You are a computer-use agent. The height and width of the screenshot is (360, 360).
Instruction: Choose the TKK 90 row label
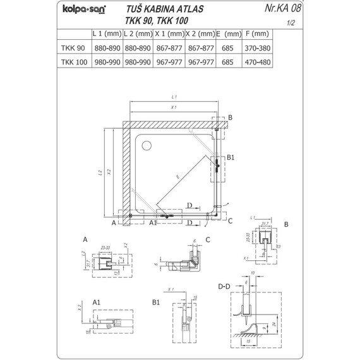pos(75,48)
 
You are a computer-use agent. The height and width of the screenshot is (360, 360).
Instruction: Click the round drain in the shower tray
pos(148,146)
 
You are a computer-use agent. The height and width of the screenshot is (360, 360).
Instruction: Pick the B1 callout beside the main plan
pos(230,157)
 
